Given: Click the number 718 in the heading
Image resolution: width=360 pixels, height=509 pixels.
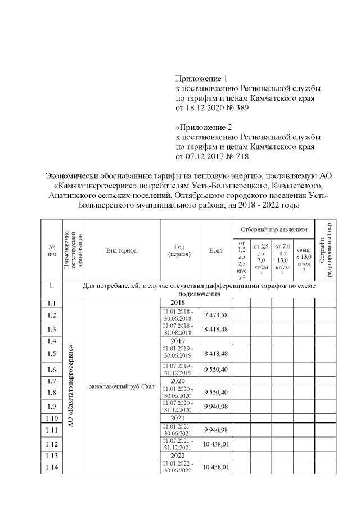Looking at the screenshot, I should [241, 156].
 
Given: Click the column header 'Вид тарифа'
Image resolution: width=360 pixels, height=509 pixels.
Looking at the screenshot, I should [121, 250].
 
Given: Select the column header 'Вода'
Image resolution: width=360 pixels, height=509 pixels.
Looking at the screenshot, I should [215, 250].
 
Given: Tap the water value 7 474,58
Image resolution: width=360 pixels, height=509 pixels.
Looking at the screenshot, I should [215, 314].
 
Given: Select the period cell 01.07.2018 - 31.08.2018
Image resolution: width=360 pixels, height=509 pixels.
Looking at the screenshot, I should [179, 328].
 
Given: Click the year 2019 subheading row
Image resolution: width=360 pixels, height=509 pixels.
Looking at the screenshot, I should [179, 341].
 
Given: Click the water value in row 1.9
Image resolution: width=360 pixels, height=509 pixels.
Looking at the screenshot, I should [215, 406].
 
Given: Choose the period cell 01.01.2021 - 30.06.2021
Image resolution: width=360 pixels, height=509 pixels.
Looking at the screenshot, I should [179, 430].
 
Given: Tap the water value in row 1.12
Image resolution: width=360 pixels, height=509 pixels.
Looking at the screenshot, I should [215, 444].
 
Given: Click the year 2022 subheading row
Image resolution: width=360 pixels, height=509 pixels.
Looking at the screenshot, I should [179, 456].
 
